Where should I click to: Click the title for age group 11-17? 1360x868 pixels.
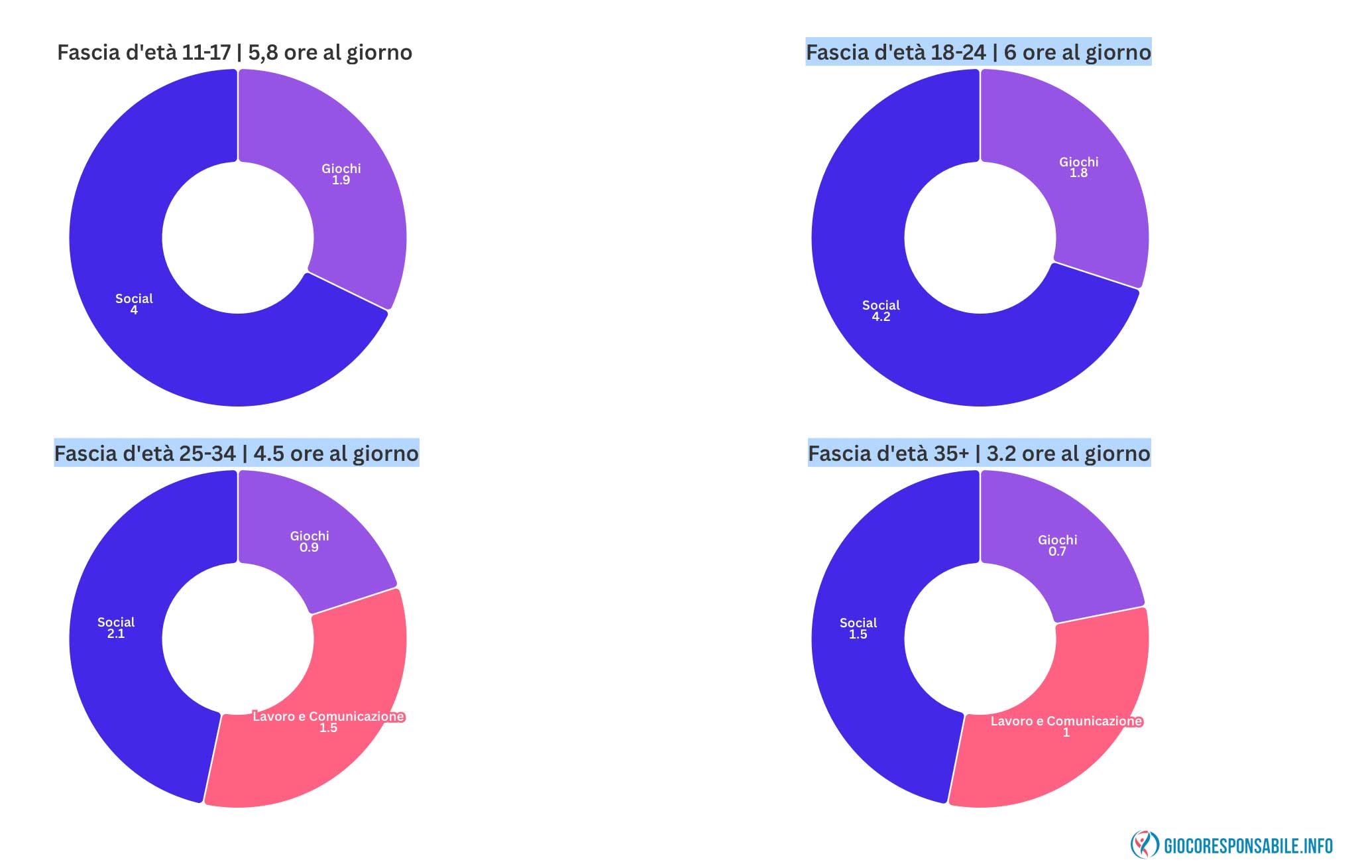[235, 52]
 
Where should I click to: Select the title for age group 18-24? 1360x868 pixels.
[978, 52]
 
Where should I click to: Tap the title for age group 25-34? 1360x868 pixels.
[237, 454]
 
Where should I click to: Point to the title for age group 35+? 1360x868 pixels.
[979, 454]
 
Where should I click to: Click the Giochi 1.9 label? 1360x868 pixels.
[341, 174]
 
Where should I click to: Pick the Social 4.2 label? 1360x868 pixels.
[881, 311]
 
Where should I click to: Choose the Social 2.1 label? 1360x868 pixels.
[116, 628]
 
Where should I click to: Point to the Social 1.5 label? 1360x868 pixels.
[858, 629]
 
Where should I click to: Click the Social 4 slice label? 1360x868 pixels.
[134, 304]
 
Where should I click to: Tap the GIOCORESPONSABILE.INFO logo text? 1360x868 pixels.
[1248, 846]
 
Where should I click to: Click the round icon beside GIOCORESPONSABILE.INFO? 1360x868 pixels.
[1144, 845]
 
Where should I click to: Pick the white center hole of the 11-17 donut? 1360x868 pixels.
[238, 237]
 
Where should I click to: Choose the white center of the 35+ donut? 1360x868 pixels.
[980, 639]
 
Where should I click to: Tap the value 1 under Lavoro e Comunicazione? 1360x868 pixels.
[1066, 733]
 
